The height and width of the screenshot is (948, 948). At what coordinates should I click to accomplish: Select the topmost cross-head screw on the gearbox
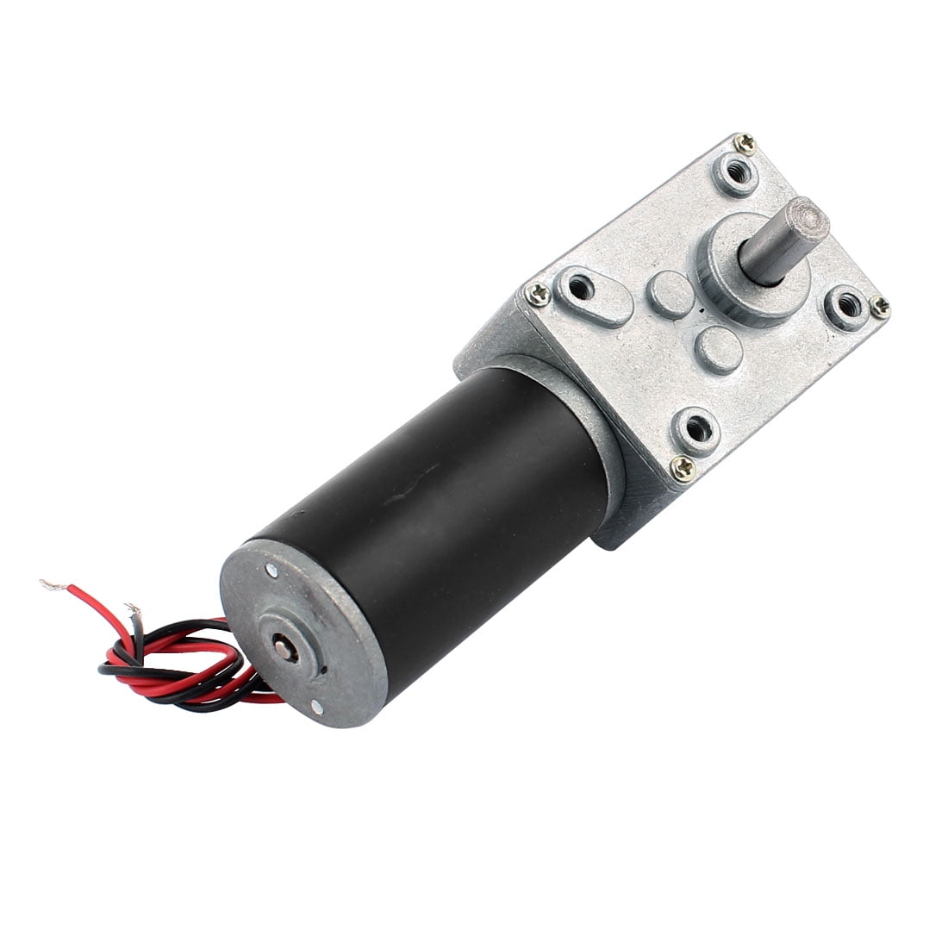tap(745, 145)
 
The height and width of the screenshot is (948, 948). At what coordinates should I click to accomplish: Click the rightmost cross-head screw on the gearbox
tap(880, 304)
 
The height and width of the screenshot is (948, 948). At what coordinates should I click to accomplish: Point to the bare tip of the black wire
tap(132, 609)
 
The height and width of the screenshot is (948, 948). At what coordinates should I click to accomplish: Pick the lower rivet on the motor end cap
tap(318, 708)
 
